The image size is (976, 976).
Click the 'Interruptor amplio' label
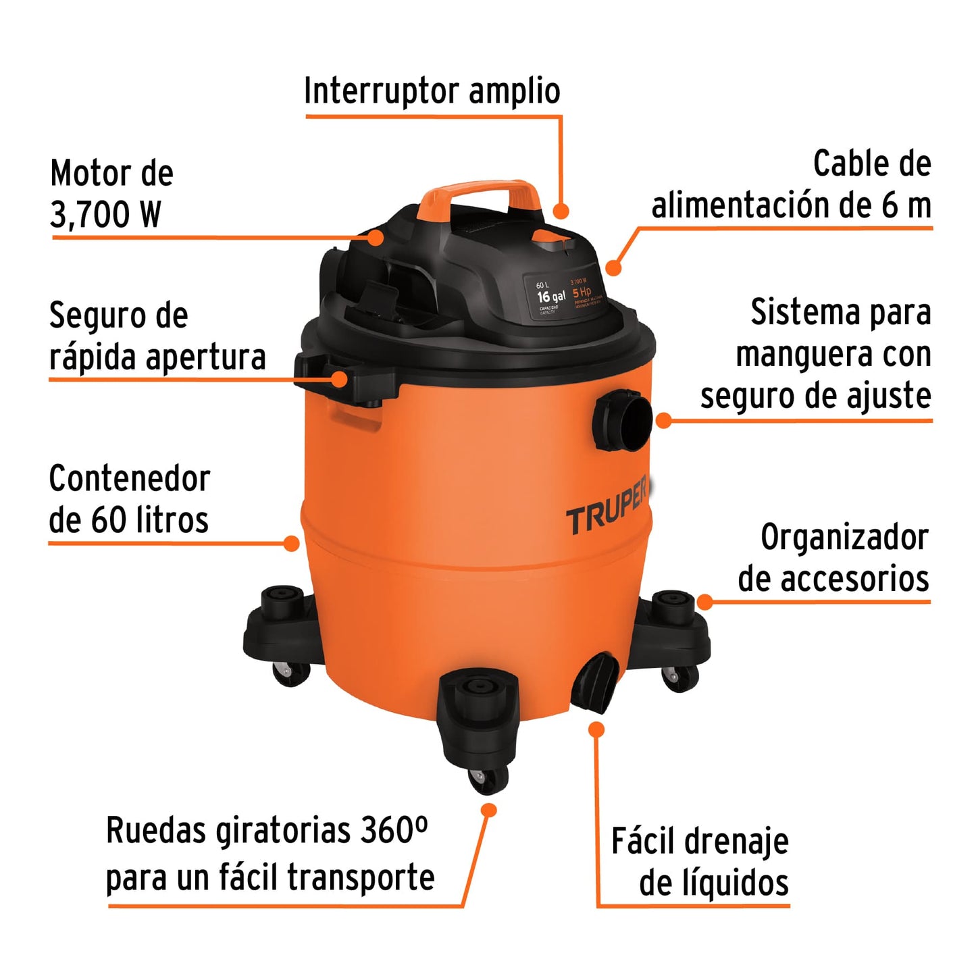coord(432,91)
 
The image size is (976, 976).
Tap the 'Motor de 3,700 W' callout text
coord(111,194)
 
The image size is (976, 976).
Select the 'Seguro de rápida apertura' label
coord(157,336)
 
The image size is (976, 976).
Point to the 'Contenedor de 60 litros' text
coord(130,499)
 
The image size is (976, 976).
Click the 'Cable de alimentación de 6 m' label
coord(792,184)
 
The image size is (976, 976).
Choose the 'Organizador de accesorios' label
coord(833,558)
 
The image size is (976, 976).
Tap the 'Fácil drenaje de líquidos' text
coord(700,862)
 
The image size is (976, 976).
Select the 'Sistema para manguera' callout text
coord(817,354)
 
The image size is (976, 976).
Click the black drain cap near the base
coord(595,682)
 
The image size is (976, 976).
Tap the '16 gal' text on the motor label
coord(551,297)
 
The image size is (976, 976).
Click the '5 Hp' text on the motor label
coord(582,292)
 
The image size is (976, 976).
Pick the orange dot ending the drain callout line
coord(596,729)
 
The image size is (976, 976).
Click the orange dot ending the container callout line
coord(292,543)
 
